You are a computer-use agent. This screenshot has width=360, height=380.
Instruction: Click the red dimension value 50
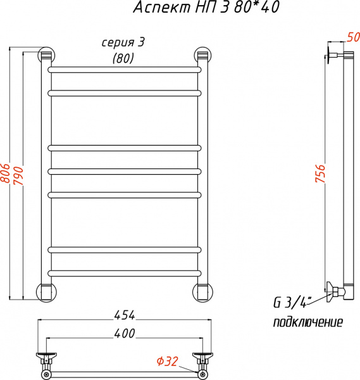point(351,37)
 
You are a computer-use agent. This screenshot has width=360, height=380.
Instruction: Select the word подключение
point(307,322)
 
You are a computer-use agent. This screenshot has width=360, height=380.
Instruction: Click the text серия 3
point(123,43)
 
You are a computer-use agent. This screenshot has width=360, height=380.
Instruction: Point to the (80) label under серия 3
point(123,59)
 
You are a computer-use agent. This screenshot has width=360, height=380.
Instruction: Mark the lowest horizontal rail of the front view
point(124,272)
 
